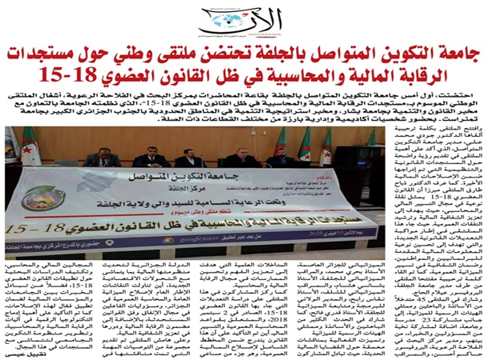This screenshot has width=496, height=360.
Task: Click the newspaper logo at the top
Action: coord(241,17)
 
